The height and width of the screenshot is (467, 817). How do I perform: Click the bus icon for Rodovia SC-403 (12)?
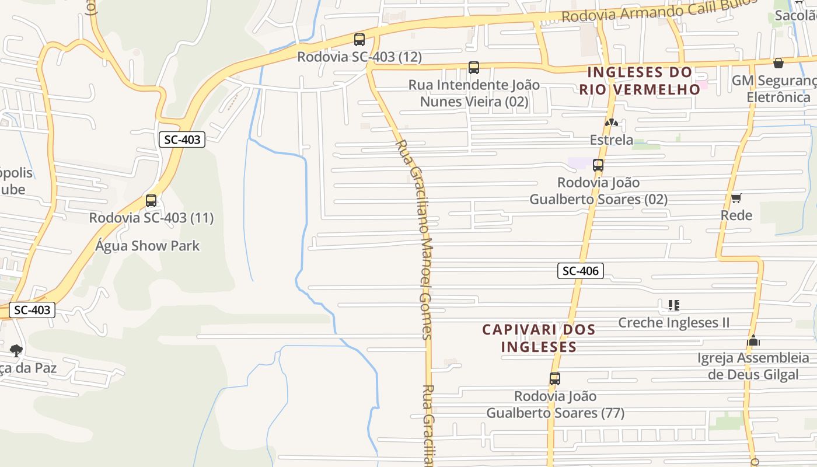[359, 40]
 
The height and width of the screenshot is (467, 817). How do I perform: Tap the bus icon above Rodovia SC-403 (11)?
[151, 201]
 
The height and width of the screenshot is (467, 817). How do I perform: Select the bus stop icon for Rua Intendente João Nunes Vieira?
[474, 68]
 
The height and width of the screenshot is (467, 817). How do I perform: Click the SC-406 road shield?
[580, 271]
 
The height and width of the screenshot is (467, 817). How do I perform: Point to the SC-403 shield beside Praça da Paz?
[33, 310]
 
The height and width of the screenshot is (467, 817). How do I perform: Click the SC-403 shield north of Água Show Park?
[182, 140]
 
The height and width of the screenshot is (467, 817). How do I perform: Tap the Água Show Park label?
[147, 246]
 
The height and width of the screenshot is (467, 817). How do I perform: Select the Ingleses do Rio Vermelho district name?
[640, 81]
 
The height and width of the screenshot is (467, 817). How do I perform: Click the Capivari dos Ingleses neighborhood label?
[539, 338]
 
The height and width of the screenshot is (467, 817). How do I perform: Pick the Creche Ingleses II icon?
[674, 305]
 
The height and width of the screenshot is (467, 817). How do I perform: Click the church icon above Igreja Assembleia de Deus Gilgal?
[753, 340]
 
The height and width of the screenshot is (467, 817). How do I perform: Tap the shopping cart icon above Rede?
[736, 198]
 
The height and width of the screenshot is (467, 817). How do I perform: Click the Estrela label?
[611, 140]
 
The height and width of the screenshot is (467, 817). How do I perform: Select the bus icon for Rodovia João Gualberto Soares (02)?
[598, 165]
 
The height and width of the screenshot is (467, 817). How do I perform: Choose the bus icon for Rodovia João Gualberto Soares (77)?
[555, 379]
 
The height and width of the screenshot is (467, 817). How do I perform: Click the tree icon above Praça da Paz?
[16, 350]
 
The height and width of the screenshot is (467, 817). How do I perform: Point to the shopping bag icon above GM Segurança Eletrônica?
[778, 63]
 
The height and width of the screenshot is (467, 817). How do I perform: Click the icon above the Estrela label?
[611, 123]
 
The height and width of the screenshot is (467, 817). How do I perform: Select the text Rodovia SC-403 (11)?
[151, 218]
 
